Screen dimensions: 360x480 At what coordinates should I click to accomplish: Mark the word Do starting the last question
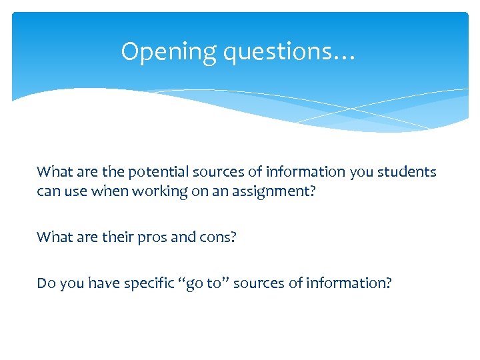pos(46,283)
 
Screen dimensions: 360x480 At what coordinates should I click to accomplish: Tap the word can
pos(47,191)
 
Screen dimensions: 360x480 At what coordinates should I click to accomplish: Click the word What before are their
pos(51,237)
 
